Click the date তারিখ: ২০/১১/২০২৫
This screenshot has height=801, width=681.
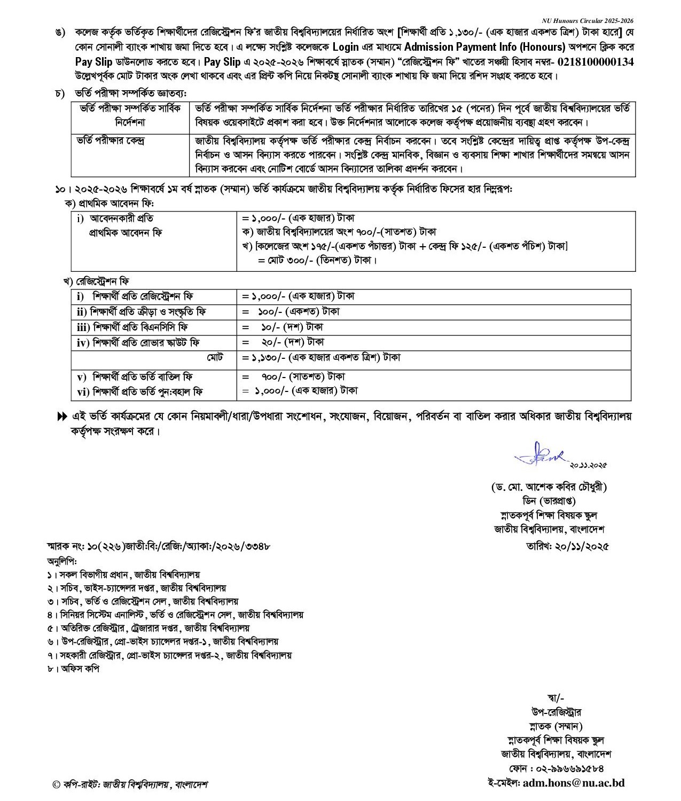(x=567, y=546)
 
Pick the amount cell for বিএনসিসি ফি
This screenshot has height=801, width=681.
(x=283, y=327)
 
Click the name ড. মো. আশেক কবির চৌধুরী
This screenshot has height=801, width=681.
(x=549, y=487)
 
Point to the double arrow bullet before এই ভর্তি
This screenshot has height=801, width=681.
(x=62, y=417)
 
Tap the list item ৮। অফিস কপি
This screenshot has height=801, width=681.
(x=73, y=668)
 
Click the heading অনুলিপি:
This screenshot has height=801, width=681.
(x=62, y=561)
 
